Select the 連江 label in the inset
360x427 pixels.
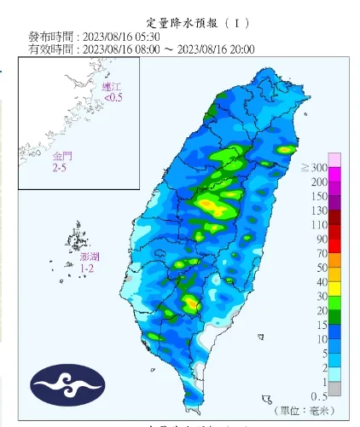pos(111,87)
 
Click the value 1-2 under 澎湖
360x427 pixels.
pos(87,268)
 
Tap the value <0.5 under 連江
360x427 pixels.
pos(113,98)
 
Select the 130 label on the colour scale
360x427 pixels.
pos(319,211)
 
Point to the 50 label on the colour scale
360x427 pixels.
pos(322,268)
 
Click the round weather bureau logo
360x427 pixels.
pos(67,386)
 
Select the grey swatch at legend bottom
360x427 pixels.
pos(336,389)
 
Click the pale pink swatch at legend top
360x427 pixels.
pos(336,159)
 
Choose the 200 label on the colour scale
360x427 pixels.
pos(319,182)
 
